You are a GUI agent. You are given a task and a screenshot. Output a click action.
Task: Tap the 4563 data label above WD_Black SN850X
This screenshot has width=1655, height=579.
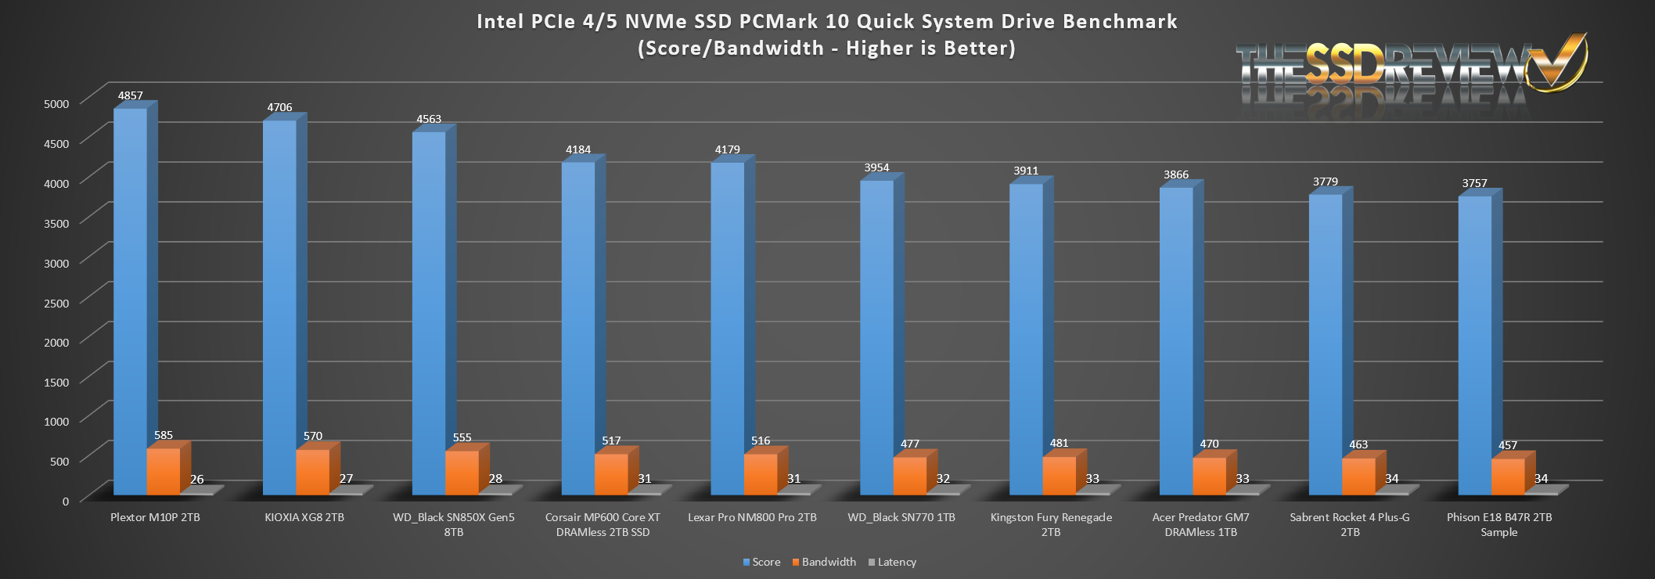point(429,119)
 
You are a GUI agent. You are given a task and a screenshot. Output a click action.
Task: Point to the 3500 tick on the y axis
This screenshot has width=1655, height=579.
point(56,223)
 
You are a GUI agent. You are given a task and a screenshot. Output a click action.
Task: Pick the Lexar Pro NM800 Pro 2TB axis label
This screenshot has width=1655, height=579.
point(752,517)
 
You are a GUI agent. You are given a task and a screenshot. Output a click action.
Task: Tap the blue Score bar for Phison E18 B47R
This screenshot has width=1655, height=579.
point(1474,344)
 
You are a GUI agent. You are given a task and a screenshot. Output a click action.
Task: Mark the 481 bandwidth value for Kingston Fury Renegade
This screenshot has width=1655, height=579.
point(1059,443)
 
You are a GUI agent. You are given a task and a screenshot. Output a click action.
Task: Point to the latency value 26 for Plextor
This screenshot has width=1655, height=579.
point(197,479)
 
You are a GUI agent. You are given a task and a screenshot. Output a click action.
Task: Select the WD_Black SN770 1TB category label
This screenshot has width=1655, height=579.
point(901,517)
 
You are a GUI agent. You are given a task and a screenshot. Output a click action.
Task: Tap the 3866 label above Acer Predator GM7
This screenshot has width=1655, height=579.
point(1176,174)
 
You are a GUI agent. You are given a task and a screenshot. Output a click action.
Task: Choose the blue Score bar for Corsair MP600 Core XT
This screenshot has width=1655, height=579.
point(578,329)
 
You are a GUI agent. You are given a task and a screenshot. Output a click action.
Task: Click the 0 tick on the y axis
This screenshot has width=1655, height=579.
point(66,501)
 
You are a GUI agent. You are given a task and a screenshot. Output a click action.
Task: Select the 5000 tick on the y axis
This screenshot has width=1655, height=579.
point(56,103)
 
